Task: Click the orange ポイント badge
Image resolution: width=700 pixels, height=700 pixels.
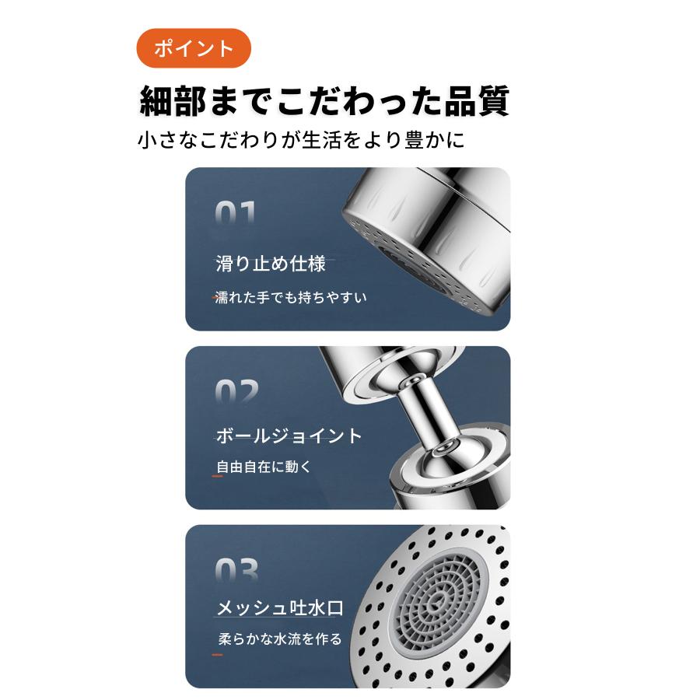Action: [194, 48]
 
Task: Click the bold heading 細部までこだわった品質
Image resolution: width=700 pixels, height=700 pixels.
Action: [324, 101]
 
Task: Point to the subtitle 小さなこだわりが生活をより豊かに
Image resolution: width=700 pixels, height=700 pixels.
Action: [301, 141]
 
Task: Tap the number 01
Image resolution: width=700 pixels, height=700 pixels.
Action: [235, 214]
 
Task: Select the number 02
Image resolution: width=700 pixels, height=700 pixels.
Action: [236, 393]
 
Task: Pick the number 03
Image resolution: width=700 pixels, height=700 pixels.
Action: [236, 572]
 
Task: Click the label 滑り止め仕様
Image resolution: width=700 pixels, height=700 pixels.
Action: [270, 264]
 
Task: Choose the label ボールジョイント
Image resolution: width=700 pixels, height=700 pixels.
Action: [289, 436]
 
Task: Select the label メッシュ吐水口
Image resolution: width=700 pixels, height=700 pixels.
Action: [279, 608]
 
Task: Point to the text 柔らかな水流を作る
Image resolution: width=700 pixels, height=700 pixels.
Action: [280, 639]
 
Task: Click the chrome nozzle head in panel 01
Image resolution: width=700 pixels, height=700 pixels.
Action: [428, 233]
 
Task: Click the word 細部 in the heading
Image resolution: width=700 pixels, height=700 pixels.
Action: [177, 101]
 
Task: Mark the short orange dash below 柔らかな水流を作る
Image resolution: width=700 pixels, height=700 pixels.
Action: [217, 655]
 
